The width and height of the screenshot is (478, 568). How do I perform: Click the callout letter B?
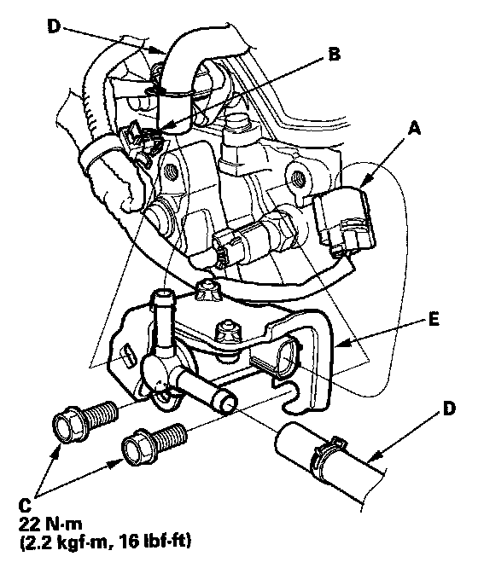click(333, 55)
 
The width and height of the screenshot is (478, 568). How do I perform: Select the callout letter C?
click(24, 506)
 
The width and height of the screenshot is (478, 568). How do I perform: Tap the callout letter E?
click(434, 320)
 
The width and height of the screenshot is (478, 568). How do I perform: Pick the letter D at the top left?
click(53, 26)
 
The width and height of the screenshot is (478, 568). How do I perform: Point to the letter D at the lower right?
click(449, 409)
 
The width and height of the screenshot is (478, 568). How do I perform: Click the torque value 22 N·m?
click(50, 524)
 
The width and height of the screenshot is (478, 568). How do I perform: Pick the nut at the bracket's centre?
click(228, 332)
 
